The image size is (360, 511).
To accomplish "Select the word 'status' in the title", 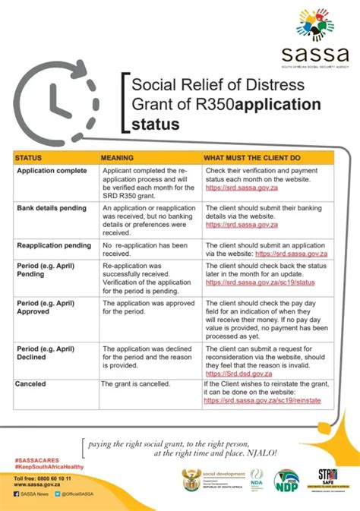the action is [x=156, y=123].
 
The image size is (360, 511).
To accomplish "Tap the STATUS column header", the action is [x=28, y=158].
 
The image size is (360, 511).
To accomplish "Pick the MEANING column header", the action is [x=118, y=158].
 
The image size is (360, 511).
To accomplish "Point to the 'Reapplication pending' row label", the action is [x=53, y=246].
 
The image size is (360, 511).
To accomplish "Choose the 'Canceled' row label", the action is [x=31, y=384].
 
